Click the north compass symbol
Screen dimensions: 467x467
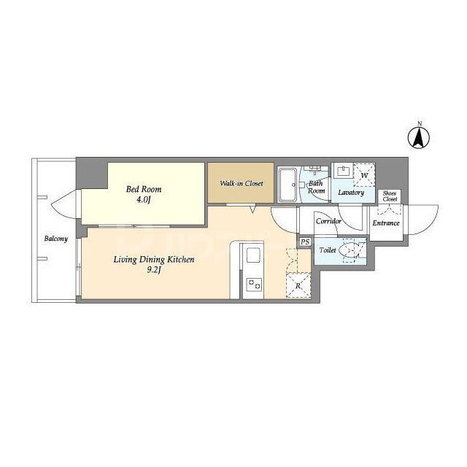tap(419, 136)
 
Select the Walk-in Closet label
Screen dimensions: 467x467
tap(241, 183)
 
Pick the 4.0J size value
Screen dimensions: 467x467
tap(144, 200)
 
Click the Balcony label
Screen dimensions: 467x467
tap(55, 239)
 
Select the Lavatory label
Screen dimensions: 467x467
tap(350, 192)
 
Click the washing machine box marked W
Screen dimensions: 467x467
tap(363, 175)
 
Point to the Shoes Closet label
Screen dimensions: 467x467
tap(390, 196)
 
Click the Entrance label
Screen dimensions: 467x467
tap(385, 223)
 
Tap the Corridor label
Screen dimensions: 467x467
tap(329, 220)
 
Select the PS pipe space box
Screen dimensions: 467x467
tap(305, 242)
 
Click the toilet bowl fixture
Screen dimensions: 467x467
tap(351, 250)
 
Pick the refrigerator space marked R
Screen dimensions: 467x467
tap(298, 285)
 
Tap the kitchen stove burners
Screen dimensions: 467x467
tap(252, 283)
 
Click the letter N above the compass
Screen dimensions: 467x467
tap(419, 123)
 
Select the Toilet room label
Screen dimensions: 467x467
tap(327, 250)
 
